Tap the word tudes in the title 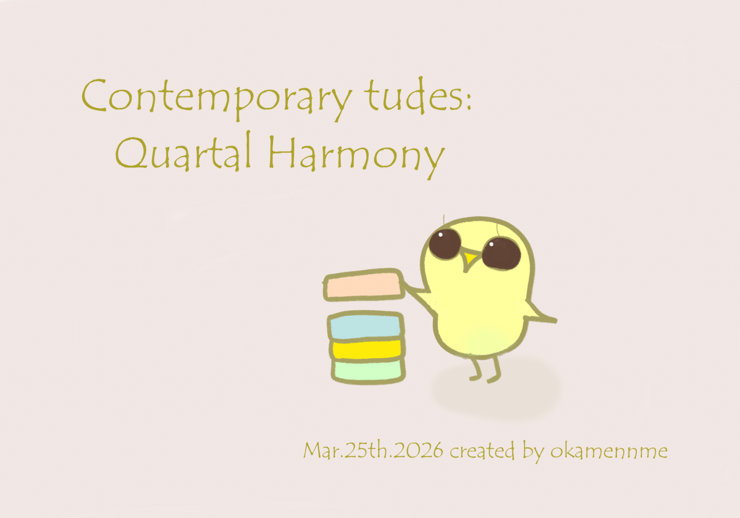coord(413,95)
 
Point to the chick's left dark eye coord(445,244)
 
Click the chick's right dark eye coord(501,253)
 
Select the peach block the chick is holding coord(364,285)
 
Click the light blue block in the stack coord(365,325)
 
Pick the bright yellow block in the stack coord(366,349)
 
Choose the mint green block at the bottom coord(368,371)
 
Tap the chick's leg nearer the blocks coord(476,369)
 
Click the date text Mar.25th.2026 coord(373,450)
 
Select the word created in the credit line coord(482,450)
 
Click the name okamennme coord(609,450)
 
